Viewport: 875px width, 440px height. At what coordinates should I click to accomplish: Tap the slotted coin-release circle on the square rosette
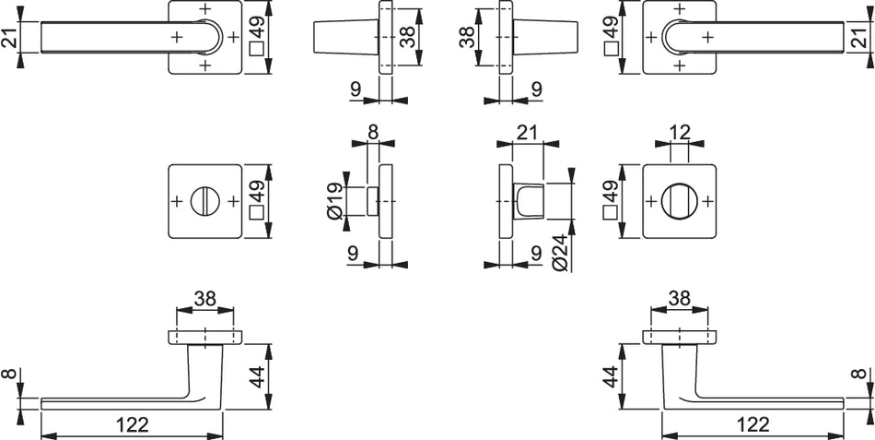pos(205,201)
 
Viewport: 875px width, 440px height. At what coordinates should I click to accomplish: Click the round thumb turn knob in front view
pos(679,201)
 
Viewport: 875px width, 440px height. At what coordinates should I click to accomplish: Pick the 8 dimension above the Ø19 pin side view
pos(373,132)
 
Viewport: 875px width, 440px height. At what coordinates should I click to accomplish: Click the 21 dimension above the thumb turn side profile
pos(527,132)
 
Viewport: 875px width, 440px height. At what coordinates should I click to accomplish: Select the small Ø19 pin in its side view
pos(373,201)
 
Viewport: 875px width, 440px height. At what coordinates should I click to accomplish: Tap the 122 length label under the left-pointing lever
pos(133,425)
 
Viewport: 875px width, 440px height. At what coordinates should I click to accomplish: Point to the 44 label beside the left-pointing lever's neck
pos(257,375)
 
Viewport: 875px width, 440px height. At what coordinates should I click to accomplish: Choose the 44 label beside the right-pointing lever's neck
pos(611,377)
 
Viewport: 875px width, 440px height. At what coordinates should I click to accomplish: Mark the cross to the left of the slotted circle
pos(177,201)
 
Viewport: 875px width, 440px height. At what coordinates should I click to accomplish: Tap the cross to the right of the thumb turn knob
pos(707,201)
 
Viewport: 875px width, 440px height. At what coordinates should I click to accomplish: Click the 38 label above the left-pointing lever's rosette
pos(204,299)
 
